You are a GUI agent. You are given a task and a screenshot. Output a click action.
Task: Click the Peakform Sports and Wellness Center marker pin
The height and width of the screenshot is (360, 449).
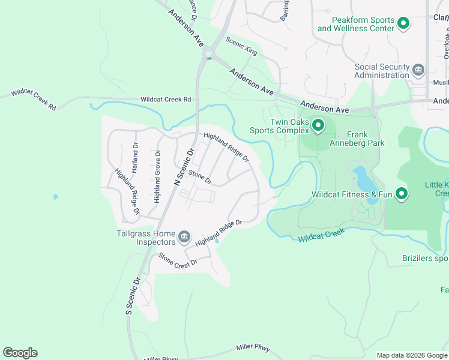(x=403, y=24)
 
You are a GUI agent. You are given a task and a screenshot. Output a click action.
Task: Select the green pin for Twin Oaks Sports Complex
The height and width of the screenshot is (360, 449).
(x=318, y=126)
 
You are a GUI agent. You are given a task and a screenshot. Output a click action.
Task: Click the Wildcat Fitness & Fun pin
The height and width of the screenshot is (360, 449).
(x=401, y=194)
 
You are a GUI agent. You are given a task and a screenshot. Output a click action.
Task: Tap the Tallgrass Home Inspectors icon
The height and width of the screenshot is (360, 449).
(x=184, y=238)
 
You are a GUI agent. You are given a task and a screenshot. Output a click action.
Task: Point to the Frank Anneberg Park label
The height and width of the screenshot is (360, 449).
(x=357, y=139)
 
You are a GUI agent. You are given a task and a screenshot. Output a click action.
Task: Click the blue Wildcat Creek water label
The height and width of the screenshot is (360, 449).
(x=321, y=235)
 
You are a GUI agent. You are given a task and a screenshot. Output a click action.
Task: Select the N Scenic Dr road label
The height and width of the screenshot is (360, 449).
(x=185, y=166)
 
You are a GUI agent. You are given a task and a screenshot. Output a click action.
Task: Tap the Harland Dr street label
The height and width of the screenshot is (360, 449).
(x=136, y=157)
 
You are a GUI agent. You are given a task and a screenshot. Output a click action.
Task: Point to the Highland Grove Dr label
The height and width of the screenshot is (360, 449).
(x=157, y=176)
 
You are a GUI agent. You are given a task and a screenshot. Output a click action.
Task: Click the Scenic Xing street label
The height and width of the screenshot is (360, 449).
(x=241, y=46)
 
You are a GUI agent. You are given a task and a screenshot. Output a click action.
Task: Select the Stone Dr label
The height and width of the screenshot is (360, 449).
(x=200, y=176)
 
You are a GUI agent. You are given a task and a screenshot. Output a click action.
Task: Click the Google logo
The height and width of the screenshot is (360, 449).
(x=20, y=353)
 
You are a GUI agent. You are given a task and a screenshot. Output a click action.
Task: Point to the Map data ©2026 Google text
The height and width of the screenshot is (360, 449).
(x=411, y=355)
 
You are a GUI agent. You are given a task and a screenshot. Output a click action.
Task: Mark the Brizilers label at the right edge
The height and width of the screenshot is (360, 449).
(x=425, y=259)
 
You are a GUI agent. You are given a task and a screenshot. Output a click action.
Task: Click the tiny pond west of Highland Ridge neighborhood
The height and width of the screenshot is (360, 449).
(x=55, y=196)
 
